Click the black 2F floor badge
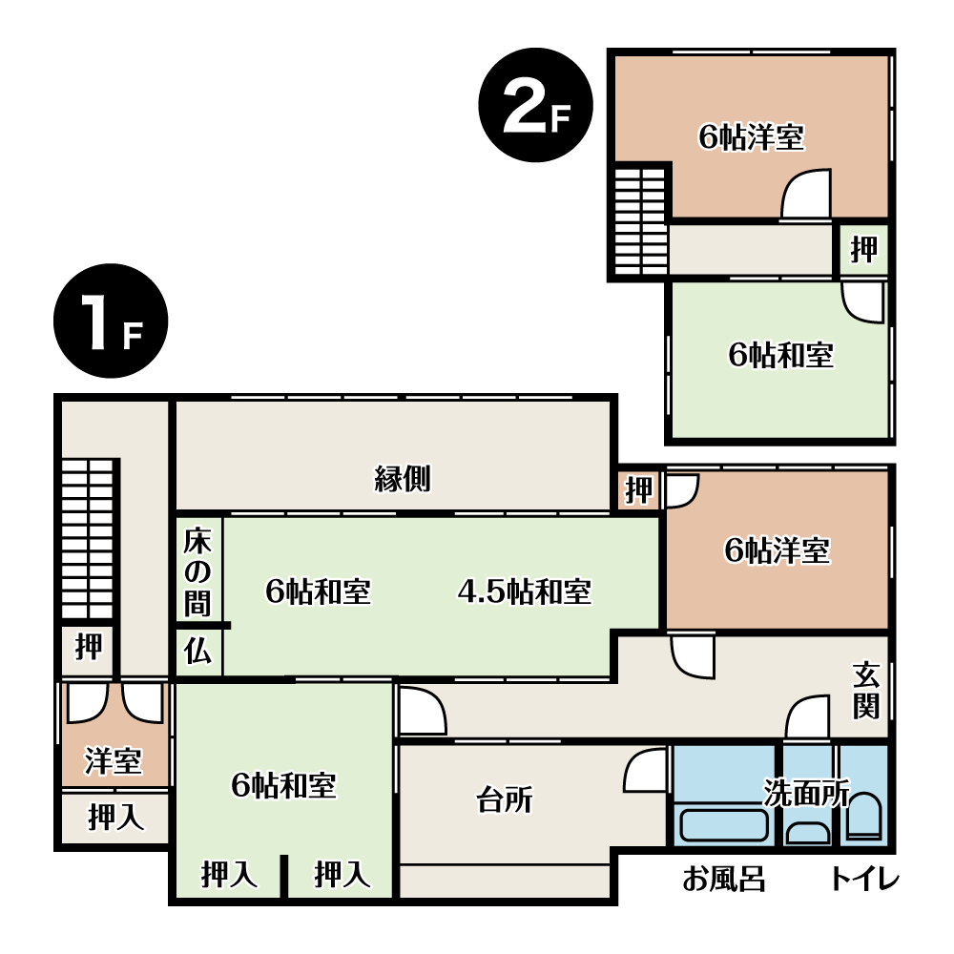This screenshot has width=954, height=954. coord(535,105)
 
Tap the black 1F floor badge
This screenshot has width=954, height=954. coord(111,321)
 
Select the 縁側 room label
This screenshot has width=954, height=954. coord(403,479)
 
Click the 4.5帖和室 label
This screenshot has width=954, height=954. coord(524,591)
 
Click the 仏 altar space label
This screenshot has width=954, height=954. coord(197,651)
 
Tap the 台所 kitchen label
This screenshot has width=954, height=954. coord(505,799)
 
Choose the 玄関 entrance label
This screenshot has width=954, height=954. coord(866,691)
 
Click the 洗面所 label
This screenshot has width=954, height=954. coord(807,792)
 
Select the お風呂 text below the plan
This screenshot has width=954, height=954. coord(723,880)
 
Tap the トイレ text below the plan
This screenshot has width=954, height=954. coord(864,880)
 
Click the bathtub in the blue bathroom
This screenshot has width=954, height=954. coord(723,824)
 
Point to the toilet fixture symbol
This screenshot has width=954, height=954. coord(863,816)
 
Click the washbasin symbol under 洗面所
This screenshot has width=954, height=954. coord(807,832)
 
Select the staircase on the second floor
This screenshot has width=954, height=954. coord(641,221)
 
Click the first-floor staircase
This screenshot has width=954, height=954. coord(88,539)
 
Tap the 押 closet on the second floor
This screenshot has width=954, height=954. coord(864,249)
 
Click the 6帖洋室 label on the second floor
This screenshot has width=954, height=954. coord(752,136)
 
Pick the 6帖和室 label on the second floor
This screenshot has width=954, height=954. coord(781,355)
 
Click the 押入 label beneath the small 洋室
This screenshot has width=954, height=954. coord(116,817)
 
